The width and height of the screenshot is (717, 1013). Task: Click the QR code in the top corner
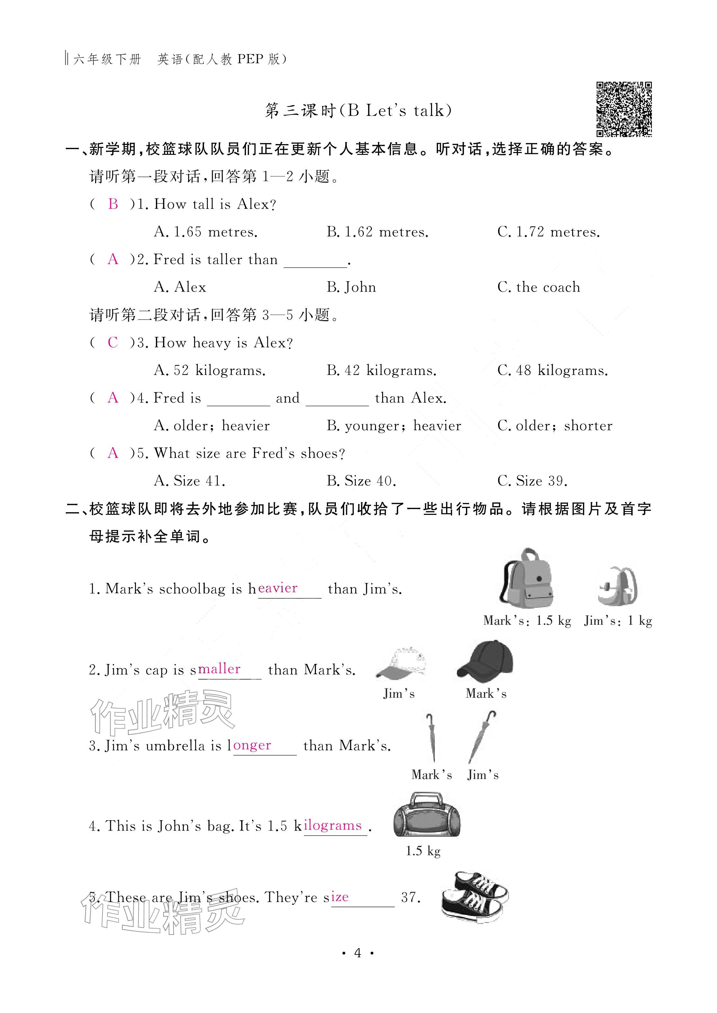(624, 109)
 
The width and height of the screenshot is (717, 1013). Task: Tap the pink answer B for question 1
(113, 204)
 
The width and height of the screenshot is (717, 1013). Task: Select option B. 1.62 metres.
(378, 232)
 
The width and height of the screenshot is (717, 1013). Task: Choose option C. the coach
(539, 287)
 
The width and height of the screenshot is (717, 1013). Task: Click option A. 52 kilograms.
(210, 370)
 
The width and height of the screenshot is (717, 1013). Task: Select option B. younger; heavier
(394, 426)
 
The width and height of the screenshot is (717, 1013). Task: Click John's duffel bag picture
(426, 815)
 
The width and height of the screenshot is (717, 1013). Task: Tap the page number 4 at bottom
(358, 953)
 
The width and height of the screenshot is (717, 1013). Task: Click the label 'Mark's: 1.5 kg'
(527, 621)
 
